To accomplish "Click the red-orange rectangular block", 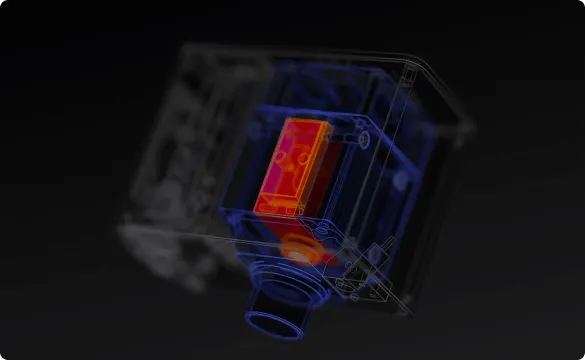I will (291, 168).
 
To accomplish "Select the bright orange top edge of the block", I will (306, 124).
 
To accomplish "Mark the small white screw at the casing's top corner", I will (409, 73).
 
